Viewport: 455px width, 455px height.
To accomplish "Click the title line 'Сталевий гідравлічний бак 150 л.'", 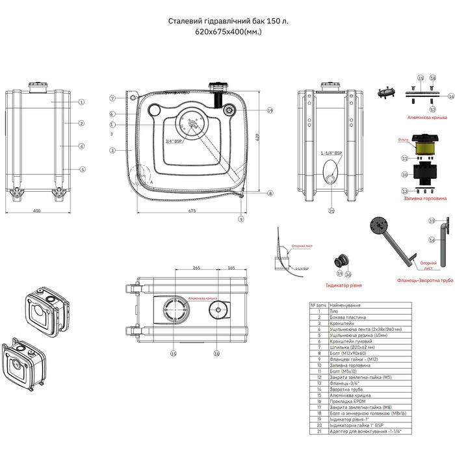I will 229,21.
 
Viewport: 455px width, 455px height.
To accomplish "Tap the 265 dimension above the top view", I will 196,268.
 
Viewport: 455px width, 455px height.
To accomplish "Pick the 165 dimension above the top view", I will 231,268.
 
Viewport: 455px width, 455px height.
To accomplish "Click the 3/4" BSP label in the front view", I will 172,141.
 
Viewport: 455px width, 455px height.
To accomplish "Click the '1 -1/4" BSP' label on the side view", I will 331,152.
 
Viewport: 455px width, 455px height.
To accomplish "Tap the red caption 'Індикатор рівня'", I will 344,285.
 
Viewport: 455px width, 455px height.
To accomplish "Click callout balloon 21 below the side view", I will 331,211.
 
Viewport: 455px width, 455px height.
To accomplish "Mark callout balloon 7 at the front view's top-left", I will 112,98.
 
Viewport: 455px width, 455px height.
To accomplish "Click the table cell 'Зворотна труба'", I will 346,389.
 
